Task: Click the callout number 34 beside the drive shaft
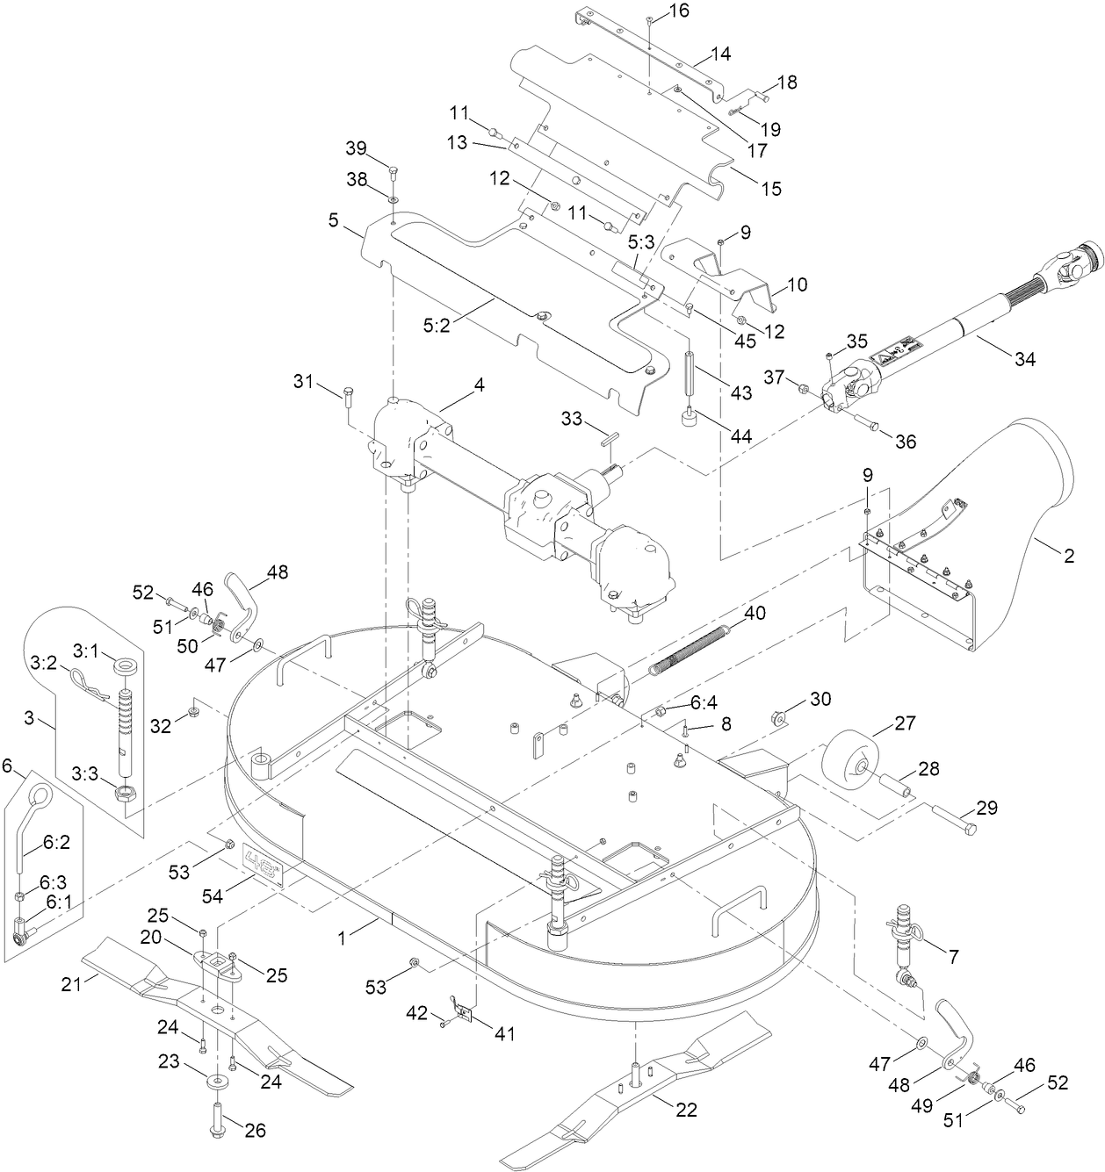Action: [x=1023, y=358]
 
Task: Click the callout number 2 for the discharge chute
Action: [x=1069, y=555]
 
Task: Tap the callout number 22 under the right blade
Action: [x=686, y=1110]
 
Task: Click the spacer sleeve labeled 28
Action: [x=894, y=780]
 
